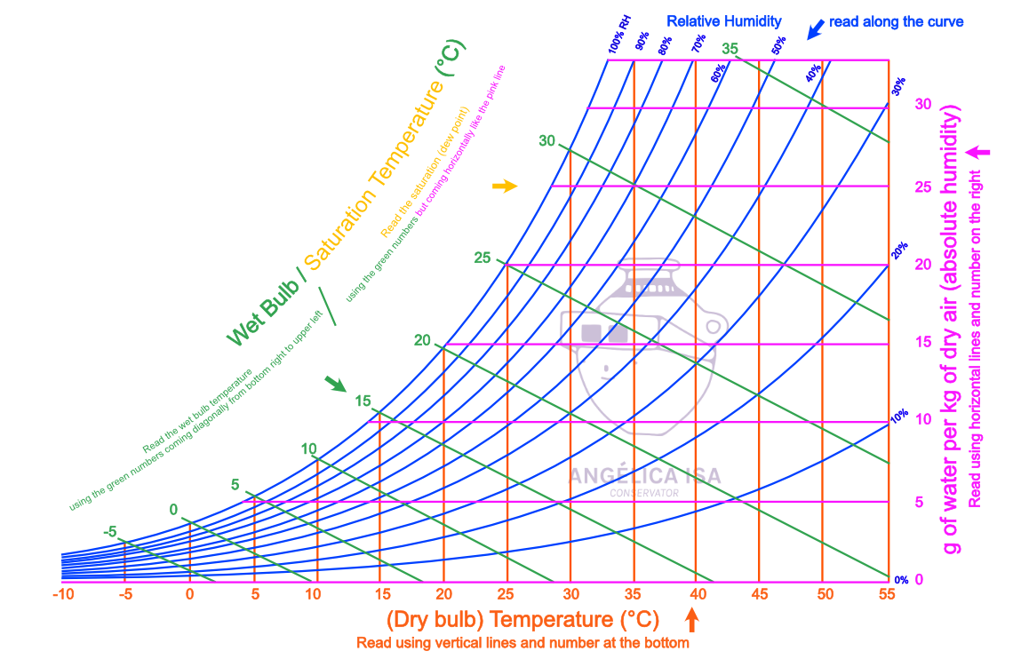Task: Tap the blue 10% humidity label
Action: pyautogui.click(x=899, y=415)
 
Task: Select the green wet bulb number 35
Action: pyautogui.click(x=730, y=49)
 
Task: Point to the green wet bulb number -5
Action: pyautogui.click(x=109, y=532)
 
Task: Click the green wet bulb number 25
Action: pyautogui.click(x=483, y=258)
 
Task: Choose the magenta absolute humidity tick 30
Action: pyautogui.click(x=923, y=105)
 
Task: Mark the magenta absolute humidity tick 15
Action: pyautogui.click(x=923, y=342)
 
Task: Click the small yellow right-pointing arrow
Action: pyautogui.click(x=505, y=186)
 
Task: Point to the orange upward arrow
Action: pyautogui.click(x=693, y=618)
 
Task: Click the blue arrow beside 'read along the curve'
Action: pyautogui.click(x=813, y=29)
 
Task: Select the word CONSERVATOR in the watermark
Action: pyautogui.click(x=644, y=493)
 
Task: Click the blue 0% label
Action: pyautogui.click(x=901, y=580)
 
